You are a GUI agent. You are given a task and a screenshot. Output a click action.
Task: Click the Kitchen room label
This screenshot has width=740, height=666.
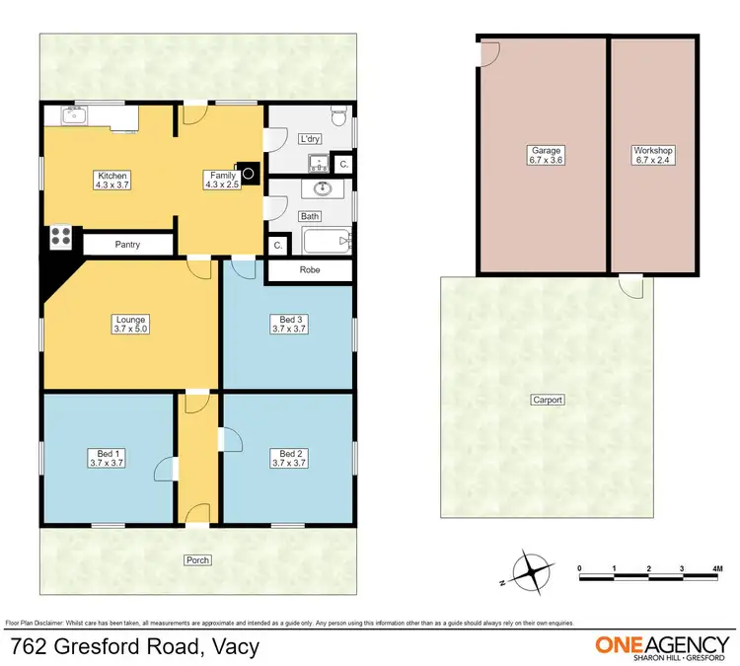(x=111, y=181)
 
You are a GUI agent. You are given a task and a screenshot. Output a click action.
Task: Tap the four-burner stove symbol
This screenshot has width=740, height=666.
(x=59, y=237)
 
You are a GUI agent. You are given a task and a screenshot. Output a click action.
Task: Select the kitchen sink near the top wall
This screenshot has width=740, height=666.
(x=75, y=116)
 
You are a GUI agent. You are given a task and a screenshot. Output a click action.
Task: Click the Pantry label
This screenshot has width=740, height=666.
(x=127, y=244)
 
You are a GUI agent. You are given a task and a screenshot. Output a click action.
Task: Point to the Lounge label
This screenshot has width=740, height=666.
(x=130, y=325)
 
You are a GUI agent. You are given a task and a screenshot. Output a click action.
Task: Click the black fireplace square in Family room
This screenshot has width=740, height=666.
(x=250, y=173)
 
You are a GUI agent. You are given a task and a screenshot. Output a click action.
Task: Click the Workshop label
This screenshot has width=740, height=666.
(x=652, y=155)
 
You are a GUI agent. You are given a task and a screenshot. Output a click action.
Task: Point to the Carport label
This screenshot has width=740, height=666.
(x=548, y=400)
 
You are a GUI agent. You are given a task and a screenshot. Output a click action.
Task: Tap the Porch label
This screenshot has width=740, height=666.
(x=197, y=559)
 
